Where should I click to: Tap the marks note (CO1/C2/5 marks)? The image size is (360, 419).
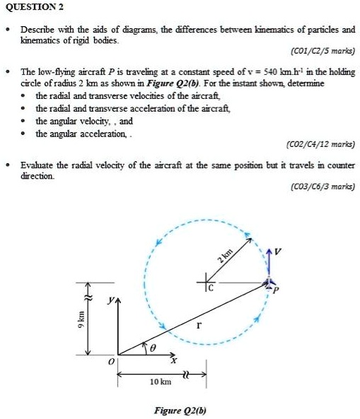click(x=323, y=52)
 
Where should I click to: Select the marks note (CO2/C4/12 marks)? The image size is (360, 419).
click(x=320, y=144)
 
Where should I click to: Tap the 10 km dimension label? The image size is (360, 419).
click(x=161, y=382)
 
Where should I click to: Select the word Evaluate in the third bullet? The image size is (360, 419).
click(x=38, y=164)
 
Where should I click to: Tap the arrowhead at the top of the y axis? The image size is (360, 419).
click(x=117, y=305)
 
